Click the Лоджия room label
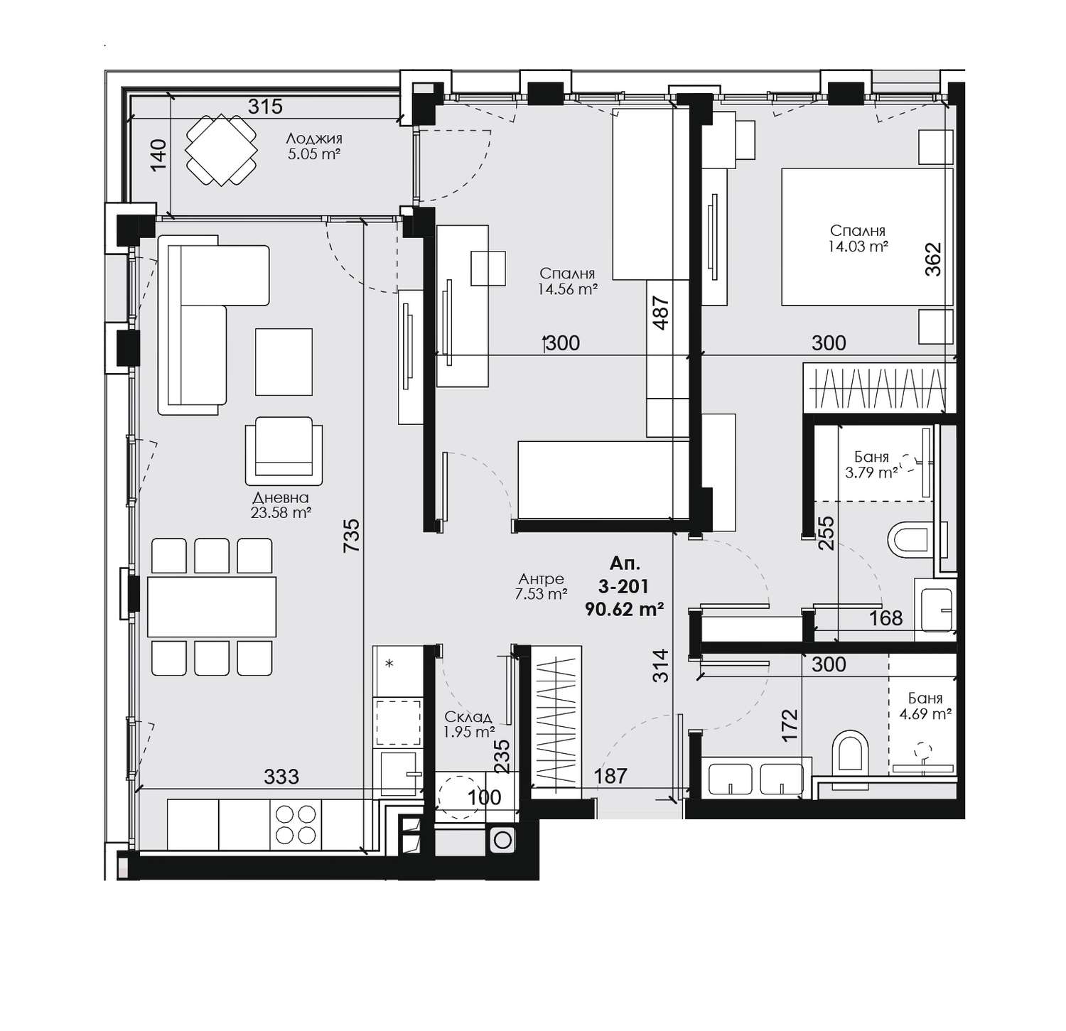315,139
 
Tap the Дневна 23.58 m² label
281,504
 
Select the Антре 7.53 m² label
541,587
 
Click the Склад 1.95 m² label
468,724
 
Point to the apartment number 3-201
624,586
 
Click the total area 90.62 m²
624,608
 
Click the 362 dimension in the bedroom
932,259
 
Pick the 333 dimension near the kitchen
281,777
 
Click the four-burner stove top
296,824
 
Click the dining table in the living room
212,607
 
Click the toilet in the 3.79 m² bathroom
910,539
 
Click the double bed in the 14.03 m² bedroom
866,237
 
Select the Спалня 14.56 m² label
566,281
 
